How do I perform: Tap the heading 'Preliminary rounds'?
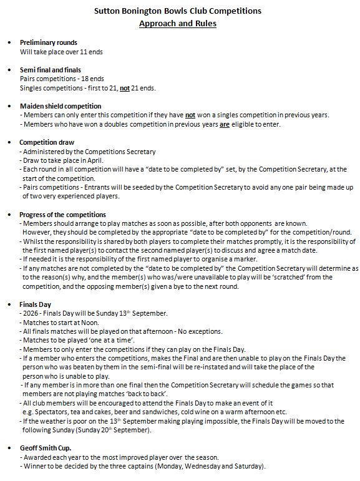(x=49, y=42)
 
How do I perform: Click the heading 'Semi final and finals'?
(x=51, y=69)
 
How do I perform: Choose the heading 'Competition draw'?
(x=47, y=142)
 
